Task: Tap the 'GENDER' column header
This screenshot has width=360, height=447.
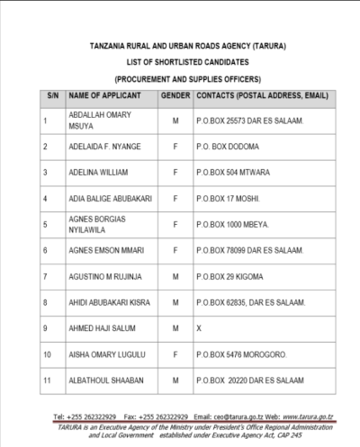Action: (x=175, y=94)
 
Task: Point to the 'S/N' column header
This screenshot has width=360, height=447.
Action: (x=53, y=94)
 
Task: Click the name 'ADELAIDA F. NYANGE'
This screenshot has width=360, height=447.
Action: (x=107, y=145)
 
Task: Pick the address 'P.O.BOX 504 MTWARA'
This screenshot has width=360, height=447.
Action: (x=230, y=171)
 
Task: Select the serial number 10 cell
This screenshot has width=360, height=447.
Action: (x=47, y=354)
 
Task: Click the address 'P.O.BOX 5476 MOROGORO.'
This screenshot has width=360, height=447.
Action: (x=239, y=354)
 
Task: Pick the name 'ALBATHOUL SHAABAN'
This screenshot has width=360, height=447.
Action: (x=106, y=380)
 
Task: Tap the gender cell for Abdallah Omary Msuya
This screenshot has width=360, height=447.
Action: (x=175, y=119)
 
